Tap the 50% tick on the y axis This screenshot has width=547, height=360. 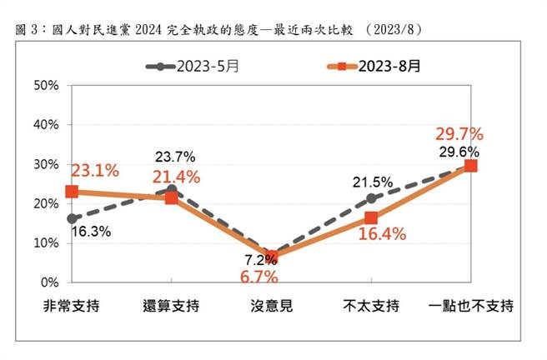[46, 85]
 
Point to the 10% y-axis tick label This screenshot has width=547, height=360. [46, 243]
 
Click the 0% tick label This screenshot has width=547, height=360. [49, 282]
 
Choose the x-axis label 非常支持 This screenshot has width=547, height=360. [72, 306]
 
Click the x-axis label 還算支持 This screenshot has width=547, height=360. [171, 306]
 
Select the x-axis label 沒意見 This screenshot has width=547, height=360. [270, 306]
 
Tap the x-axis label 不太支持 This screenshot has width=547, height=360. [370, 306]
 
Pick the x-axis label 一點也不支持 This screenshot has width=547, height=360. [470, 306]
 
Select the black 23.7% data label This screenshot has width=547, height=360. [177, 156]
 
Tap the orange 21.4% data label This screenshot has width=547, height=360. [177, 176]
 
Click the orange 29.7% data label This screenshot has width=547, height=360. [459, 134]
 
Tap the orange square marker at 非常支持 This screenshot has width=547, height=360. [72, 192]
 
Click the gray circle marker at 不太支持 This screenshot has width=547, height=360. [370, 198]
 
